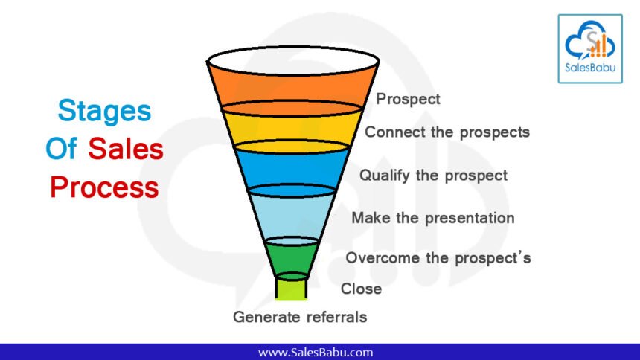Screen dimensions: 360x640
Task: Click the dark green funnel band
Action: click(292, 257)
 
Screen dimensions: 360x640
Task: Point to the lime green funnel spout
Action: click(292, 288)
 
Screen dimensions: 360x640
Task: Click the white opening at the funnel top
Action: click(292, 59)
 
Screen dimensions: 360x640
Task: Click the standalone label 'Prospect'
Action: click(408, 99)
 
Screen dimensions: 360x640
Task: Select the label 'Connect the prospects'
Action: click(447, 132)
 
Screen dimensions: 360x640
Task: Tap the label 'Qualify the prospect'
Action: click(433, 176)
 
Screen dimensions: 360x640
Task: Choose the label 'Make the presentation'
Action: click(432, 218)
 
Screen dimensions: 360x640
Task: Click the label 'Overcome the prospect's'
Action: click(438, 258)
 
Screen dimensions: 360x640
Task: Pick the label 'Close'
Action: click(361, 289)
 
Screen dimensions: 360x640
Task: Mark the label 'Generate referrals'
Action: click(300, 317)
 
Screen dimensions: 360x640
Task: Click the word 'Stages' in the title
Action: click(104, 112)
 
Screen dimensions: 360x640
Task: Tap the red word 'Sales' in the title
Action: click(125, 149)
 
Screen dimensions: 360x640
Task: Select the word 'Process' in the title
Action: click(104, 187)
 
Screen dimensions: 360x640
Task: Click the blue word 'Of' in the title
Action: click(60, 149)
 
